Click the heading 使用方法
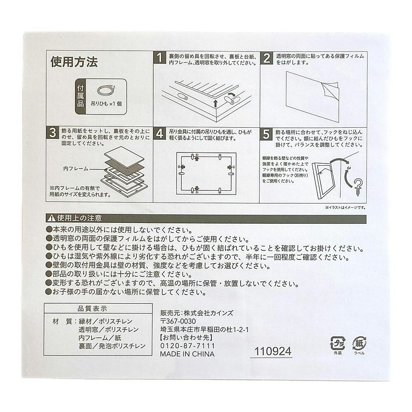74,62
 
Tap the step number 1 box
159,58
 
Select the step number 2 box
267,58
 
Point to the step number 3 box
53,133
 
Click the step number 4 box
159,133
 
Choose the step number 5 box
266,134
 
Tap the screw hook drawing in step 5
357,186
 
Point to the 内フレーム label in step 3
76,169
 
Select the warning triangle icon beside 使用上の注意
51,218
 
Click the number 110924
273,351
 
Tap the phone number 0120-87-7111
187,346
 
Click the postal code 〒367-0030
178,321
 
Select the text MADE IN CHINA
187,354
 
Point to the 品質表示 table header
92,309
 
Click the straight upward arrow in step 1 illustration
215,103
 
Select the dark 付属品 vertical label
80,96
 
